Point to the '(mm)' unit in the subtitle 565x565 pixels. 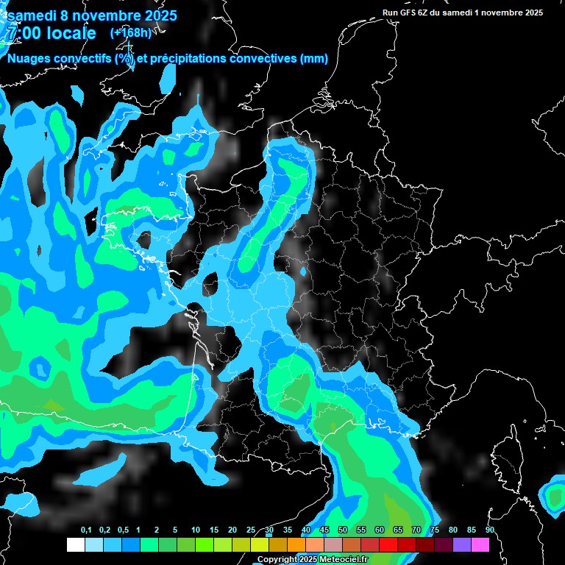[314, 59]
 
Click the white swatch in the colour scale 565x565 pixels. [75, 545]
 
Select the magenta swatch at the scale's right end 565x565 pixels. [480, 545]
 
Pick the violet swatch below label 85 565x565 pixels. [462, 545]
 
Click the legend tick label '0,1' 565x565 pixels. [86, 530]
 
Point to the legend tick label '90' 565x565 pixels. [490, 530]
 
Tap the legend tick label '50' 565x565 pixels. [343, 530]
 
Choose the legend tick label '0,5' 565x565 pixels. [122, 530]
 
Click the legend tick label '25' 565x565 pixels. [251, 530]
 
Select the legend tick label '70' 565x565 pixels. [416, 530]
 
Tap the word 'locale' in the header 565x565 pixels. [71, 33]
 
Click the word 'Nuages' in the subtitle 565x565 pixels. [31, 59]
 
